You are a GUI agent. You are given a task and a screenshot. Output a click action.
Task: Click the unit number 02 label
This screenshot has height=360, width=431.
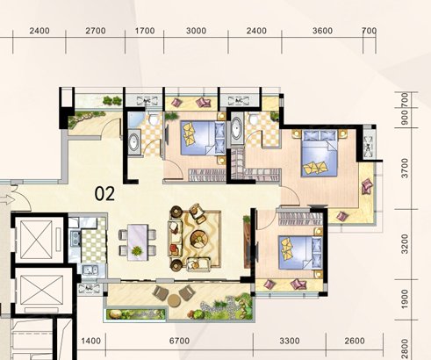104,194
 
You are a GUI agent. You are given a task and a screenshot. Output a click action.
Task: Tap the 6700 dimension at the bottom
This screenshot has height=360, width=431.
179,341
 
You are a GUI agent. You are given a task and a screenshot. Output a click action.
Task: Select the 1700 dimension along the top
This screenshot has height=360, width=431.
145,31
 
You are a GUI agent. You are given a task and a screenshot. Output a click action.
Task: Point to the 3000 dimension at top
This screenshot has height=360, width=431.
196,31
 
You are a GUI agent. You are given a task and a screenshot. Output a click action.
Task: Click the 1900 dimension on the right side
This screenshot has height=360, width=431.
405,299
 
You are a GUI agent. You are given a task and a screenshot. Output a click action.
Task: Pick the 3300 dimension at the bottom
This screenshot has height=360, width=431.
290,341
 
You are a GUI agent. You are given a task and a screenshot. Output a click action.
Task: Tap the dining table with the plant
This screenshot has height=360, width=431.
138,242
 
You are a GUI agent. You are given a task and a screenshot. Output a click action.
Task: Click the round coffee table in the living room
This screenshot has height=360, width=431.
198,237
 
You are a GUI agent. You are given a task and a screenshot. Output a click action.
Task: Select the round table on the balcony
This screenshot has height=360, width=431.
174,300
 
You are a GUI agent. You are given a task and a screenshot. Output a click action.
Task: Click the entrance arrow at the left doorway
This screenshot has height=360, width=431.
7,200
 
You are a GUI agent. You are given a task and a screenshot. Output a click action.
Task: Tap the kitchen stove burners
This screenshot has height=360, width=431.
75,238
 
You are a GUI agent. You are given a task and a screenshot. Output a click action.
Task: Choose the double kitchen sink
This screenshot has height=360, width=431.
90,270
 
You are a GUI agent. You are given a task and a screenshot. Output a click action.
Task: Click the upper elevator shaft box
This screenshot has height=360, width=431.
37,240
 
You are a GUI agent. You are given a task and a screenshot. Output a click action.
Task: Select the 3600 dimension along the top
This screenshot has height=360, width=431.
322,31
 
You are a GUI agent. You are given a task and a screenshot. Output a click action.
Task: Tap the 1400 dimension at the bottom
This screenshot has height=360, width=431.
90,341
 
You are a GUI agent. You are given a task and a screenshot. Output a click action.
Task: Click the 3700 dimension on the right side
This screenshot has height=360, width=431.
405,168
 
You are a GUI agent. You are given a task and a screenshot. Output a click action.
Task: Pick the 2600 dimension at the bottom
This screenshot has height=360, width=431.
355,341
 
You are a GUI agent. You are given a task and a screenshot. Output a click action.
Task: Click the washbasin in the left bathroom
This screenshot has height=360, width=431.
134,142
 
